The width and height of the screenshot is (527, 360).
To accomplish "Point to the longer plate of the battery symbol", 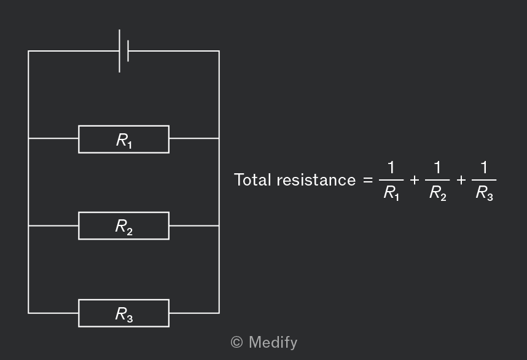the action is (119, 51).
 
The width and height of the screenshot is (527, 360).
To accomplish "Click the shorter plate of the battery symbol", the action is (128, 51).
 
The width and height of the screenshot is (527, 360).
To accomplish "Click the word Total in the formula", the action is (252, 180).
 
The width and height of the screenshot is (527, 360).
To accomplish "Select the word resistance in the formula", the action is (316, 180).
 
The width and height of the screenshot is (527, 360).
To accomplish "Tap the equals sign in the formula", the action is (368, 180).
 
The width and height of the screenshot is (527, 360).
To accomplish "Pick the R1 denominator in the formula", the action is (391, 194).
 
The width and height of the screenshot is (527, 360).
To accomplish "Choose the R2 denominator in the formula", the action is (437, 194).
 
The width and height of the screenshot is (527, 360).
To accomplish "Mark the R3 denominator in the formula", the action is (485, 194).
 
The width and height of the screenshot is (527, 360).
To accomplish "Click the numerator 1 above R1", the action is (391, 167).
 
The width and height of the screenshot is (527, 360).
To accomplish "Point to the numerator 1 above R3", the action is (484, 167).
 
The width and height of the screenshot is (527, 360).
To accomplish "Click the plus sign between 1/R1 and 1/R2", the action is (415, 180).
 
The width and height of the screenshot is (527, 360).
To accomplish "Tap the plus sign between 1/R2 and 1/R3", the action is (461, 180).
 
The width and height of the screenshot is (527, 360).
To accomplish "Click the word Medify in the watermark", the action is (273, 343).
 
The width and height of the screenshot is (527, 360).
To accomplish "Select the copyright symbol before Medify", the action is (236, 343).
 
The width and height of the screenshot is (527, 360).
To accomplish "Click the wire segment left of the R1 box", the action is (53, 138).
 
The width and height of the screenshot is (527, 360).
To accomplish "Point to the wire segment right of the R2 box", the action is (194, 225).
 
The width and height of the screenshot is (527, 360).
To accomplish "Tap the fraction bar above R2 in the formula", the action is (437, 180).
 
